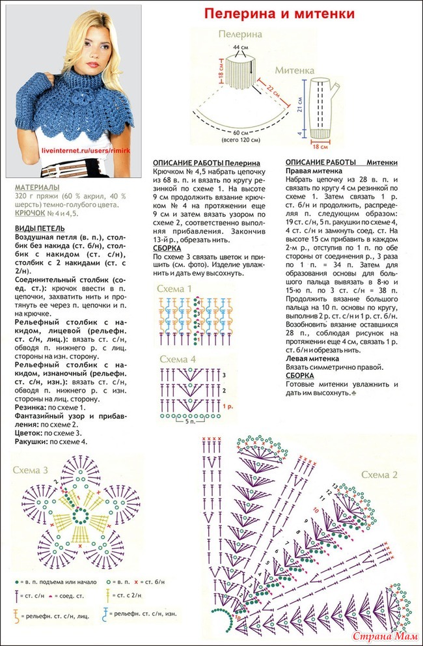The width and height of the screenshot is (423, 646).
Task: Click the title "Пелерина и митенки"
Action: tap(279, 13)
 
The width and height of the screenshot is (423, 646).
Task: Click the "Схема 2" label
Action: tap(379, 474)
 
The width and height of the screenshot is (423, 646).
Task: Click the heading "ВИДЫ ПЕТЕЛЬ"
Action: tap(39, 229)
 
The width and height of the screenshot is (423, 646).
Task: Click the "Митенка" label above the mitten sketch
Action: tap(294, 69)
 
